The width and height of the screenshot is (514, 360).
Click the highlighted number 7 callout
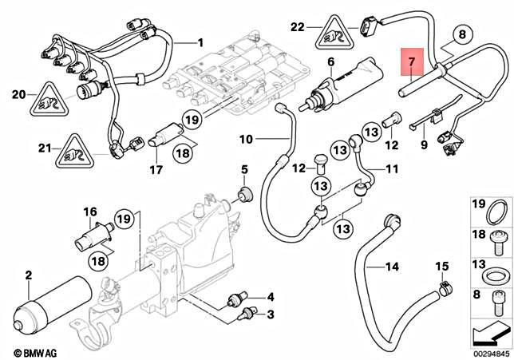coord(412,61)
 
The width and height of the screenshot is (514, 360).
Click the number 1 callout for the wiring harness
coord(200,42)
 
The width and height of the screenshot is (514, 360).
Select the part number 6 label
coord(330,61)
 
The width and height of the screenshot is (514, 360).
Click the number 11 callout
coord(392,168)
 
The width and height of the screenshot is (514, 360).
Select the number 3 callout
coord(270,314)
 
